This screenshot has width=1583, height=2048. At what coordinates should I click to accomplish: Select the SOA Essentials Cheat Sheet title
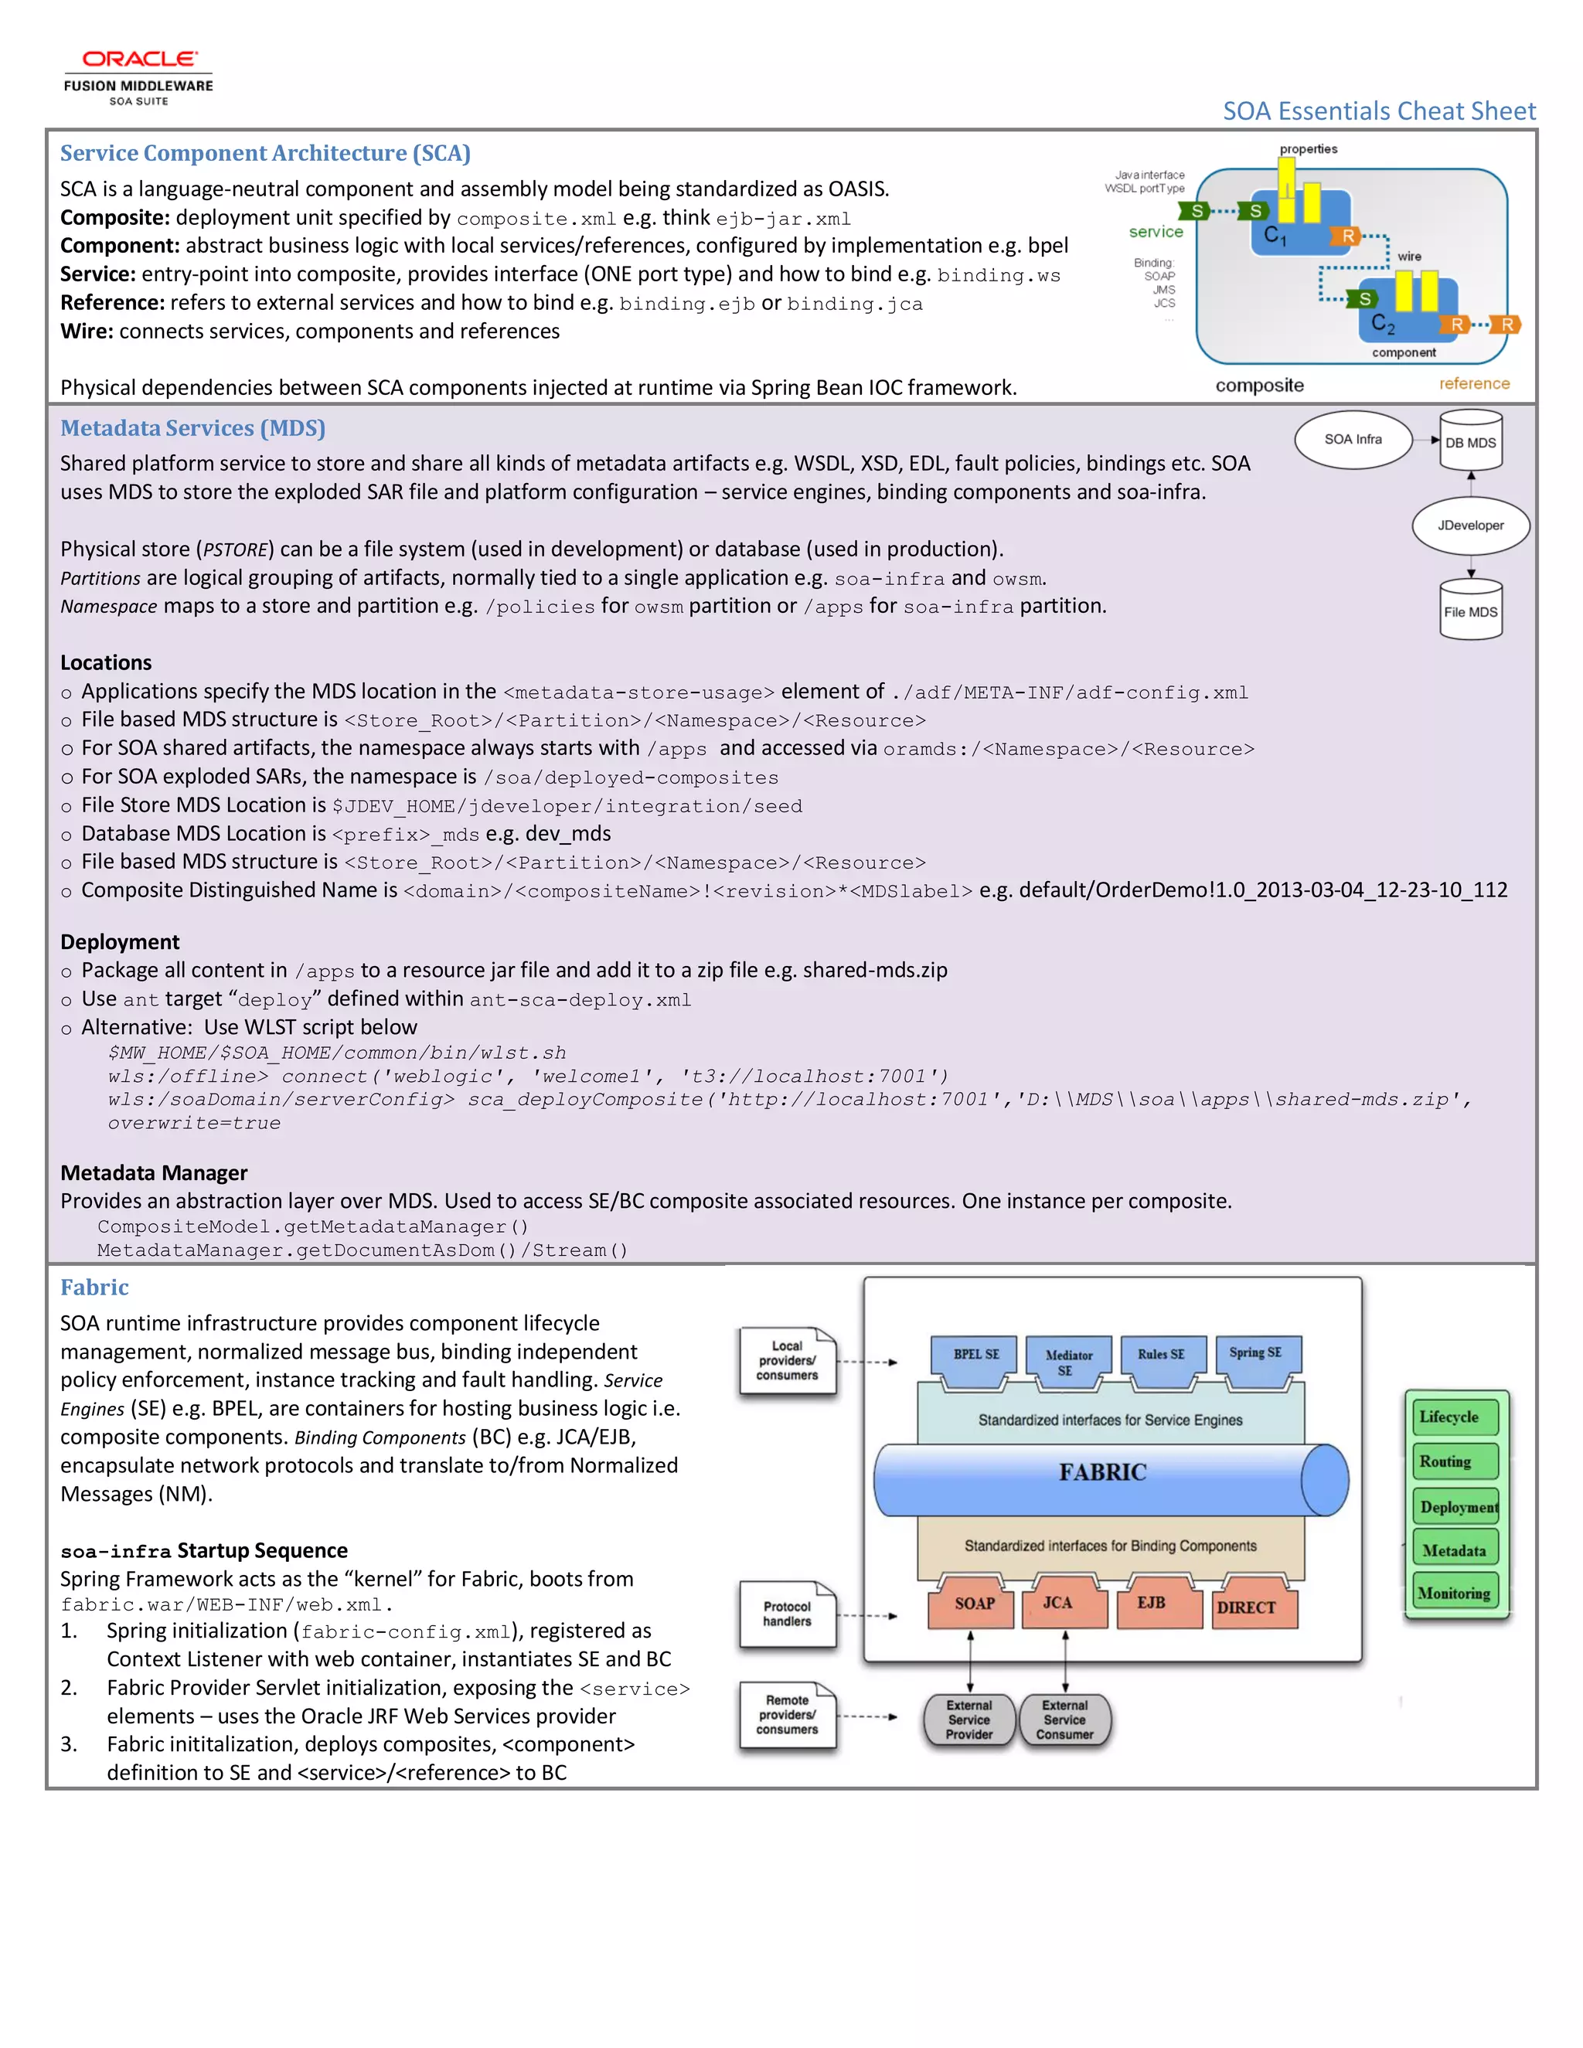(1379, 111)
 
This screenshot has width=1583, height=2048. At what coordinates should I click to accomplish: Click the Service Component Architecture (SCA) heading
(265, 153)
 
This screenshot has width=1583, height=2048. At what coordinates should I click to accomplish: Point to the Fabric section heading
(95, 1287)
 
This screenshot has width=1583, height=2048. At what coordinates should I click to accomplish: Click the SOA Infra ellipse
(1353, 439)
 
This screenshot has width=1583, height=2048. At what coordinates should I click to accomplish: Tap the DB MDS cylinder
(1469, 441)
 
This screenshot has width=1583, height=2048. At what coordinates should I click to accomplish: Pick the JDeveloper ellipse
(1469, 525)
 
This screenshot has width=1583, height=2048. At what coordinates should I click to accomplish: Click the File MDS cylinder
(1469, 611)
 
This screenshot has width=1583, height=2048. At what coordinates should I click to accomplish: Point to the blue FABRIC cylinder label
(1103, 1472)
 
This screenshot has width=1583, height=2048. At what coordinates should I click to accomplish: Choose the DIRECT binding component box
(1246, 1607)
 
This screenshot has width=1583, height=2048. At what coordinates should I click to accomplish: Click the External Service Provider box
(969, 1719)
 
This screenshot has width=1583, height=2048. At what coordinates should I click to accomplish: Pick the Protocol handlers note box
(787, 1614)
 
